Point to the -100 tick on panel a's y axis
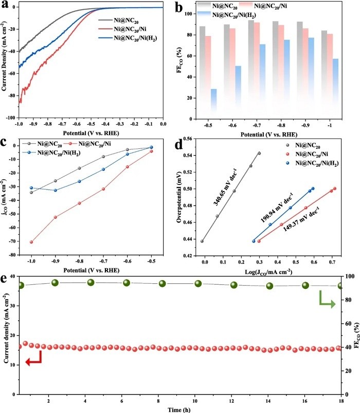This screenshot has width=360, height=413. (10, 117)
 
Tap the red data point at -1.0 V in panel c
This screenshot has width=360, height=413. (31, 242)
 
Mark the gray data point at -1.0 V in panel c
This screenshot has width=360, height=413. (31, 193)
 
